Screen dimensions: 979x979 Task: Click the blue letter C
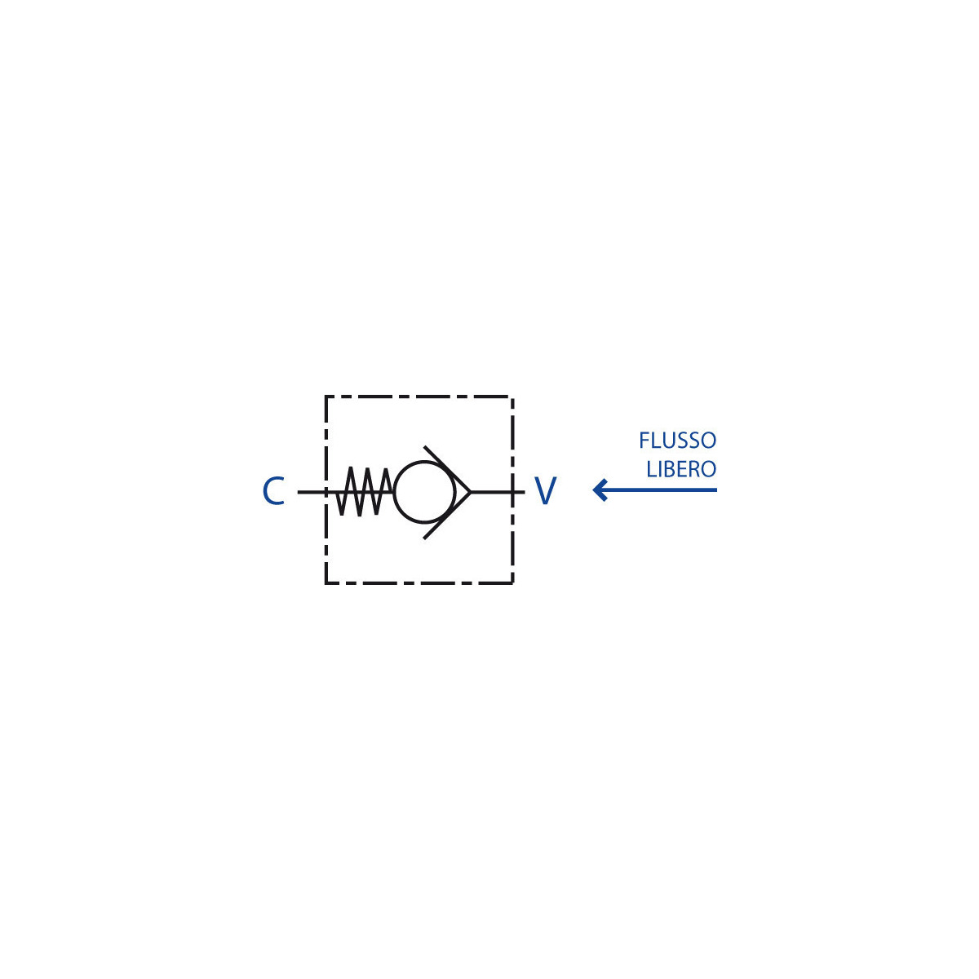pyautogui.click(x=272, y=491)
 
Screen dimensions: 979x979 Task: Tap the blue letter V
pyautogui.click(x=546, y=491)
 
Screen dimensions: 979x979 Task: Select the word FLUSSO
pyautogui.click(x=677, y=441)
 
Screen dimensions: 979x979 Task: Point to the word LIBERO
pyautogui.click(x=681, y=469)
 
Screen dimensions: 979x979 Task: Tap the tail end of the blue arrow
pyautogui.click(x=717, y=489)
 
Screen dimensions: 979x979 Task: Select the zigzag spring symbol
pyautogui.click(x=364, y=491)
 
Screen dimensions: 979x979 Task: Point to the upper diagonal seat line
pyautogui.click(x=447, y=469)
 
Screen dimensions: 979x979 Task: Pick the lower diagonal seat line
pyautogui.click(x=447, y=515)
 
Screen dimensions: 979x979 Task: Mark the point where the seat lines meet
pyautogui.click(x=471, y=492)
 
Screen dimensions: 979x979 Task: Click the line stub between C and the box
pyautogui.click(x=311, y=492)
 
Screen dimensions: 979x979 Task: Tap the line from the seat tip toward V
pyautogui.click(x=498, y=492)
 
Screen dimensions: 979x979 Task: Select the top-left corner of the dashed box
pyautogui.click(x=326, y=396)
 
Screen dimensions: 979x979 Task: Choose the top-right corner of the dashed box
pyautogui.click(x=512, y=396)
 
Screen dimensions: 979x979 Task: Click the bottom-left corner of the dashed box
pyautogui.click(x=326, y=583)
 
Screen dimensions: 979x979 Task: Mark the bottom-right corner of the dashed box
pyautogui.click(x=512, y=583)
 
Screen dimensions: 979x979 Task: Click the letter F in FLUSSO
pyautogui.click(x=644, y=441)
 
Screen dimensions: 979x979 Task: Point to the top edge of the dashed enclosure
pyautogui.click(x=419, y=396)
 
